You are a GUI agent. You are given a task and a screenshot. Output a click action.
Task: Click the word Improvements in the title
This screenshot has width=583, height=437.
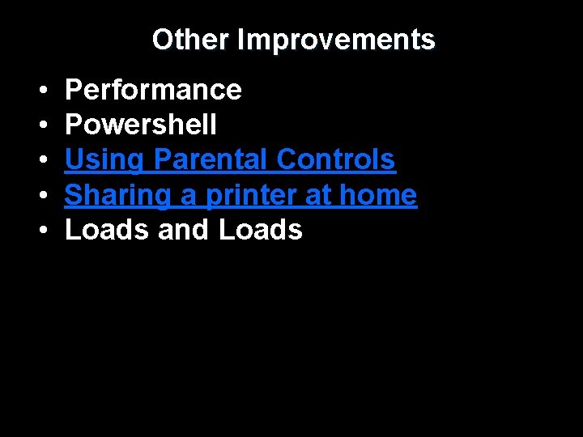[x=336, y=40]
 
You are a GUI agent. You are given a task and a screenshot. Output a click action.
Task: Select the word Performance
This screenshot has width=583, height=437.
[x=153, y=90]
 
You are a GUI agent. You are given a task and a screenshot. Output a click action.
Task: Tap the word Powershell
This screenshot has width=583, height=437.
[x=141, y=125]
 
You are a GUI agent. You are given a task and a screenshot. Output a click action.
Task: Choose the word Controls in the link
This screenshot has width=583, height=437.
[x=336, y=160]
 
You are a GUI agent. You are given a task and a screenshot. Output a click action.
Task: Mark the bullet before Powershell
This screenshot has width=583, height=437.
[x=41, y=125]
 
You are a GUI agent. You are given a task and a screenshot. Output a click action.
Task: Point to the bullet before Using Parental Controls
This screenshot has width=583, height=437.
[x=41, y=161]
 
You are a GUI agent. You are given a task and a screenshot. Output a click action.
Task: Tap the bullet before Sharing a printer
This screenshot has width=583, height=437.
[x=41, y=196]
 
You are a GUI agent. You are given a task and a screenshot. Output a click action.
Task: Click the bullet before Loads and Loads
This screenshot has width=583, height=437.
[x=41, y=231]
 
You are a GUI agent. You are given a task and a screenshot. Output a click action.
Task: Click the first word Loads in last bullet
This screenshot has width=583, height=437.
[x=108, y=230]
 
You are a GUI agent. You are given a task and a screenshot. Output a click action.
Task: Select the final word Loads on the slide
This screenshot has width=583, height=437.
[x=261, y=230]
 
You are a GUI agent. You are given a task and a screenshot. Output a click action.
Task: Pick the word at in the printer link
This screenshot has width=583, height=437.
[x=318, y=195]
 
